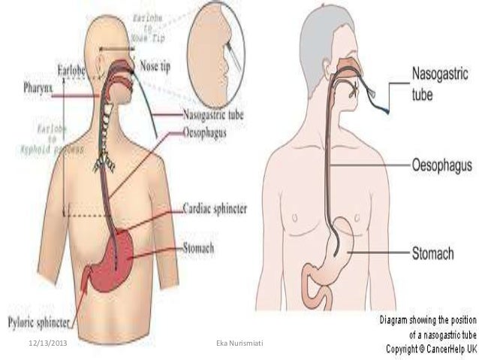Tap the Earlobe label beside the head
(73, 71)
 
